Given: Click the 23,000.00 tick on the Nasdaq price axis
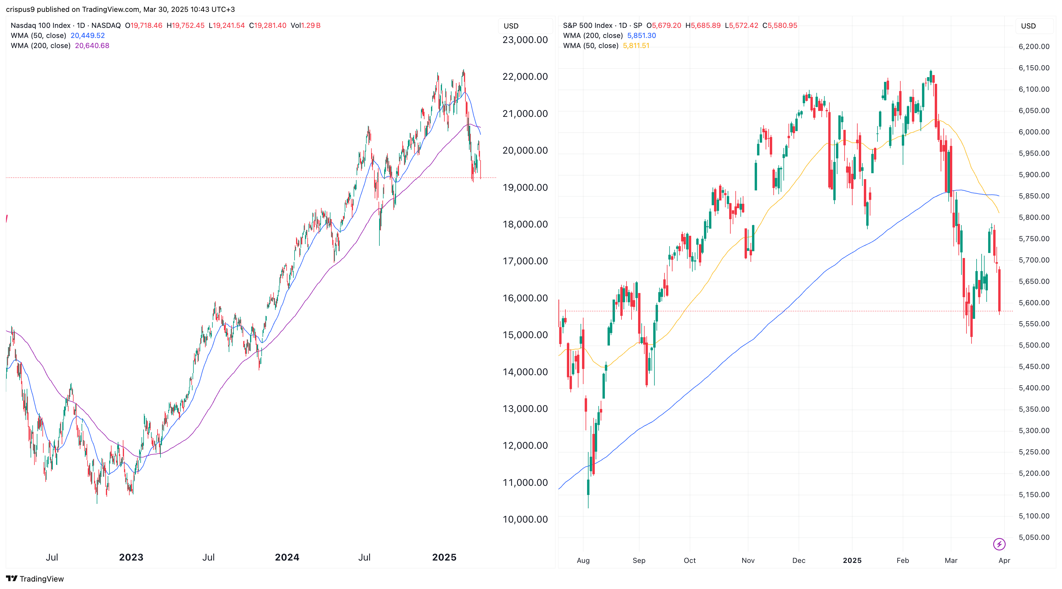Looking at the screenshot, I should tap(525, 40).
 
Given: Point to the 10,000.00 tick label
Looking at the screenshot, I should tap(525, 519).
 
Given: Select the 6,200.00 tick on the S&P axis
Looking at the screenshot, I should tap(1034, 47).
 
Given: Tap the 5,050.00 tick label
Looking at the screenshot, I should tap(1034, 537).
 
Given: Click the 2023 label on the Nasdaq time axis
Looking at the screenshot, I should tap(131, 557).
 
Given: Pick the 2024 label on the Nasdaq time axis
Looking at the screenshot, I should tap(287, 557).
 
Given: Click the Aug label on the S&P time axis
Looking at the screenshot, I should tap(583, 561).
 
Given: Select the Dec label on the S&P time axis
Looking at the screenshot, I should tap(799, 561).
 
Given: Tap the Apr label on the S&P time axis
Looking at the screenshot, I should tap(1004, 561).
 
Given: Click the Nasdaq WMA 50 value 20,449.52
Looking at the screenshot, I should tap(88, 36).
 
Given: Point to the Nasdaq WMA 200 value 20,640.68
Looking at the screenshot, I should tap(92, 46).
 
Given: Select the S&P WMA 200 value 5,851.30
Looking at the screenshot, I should tap(641, 36).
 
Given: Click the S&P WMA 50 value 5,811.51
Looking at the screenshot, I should tap(636, 46).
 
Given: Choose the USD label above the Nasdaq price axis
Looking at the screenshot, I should tap(511, 26).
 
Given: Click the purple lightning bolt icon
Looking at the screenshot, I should tap(999, 544).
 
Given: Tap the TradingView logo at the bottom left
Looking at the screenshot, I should tap(35, 579).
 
